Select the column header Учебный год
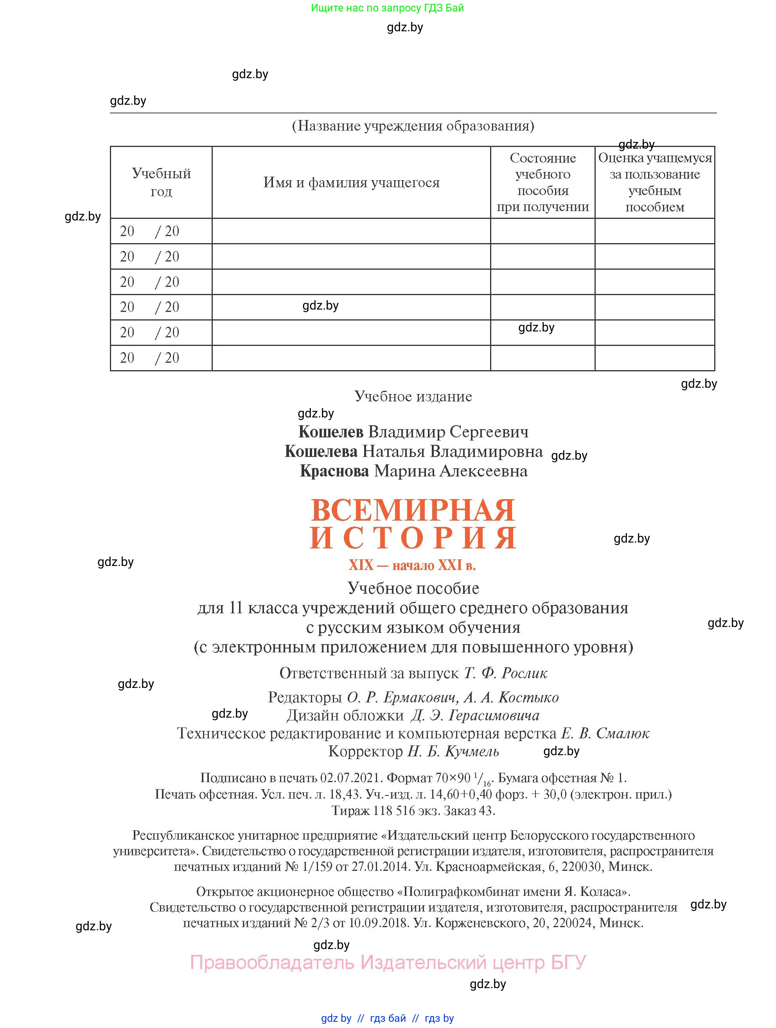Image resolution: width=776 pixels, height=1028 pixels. (x=161, y=182)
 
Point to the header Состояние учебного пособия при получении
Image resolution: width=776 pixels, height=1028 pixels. (x=542, y=182)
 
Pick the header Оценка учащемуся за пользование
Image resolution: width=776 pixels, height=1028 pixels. (x=655, y=182)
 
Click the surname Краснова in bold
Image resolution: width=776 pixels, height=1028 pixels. (x=334, y=471)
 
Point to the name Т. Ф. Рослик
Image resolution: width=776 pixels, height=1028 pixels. (x=505, y=673)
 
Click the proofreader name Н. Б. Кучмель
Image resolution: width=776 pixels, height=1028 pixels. (x=453, y=752)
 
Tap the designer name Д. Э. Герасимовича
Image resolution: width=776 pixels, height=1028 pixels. (x=475, y=715)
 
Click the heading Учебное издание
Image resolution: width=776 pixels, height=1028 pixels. (x=413, y=396)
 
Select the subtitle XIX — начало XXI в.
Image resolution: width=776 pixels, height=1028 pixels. (x=412, y=565)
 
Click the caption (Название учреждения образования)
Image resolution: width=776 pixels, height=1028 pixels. (x=413, y=126)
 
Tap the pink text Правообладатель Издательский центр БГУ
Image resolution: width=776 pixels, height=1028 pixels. (x=388, y=962)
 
